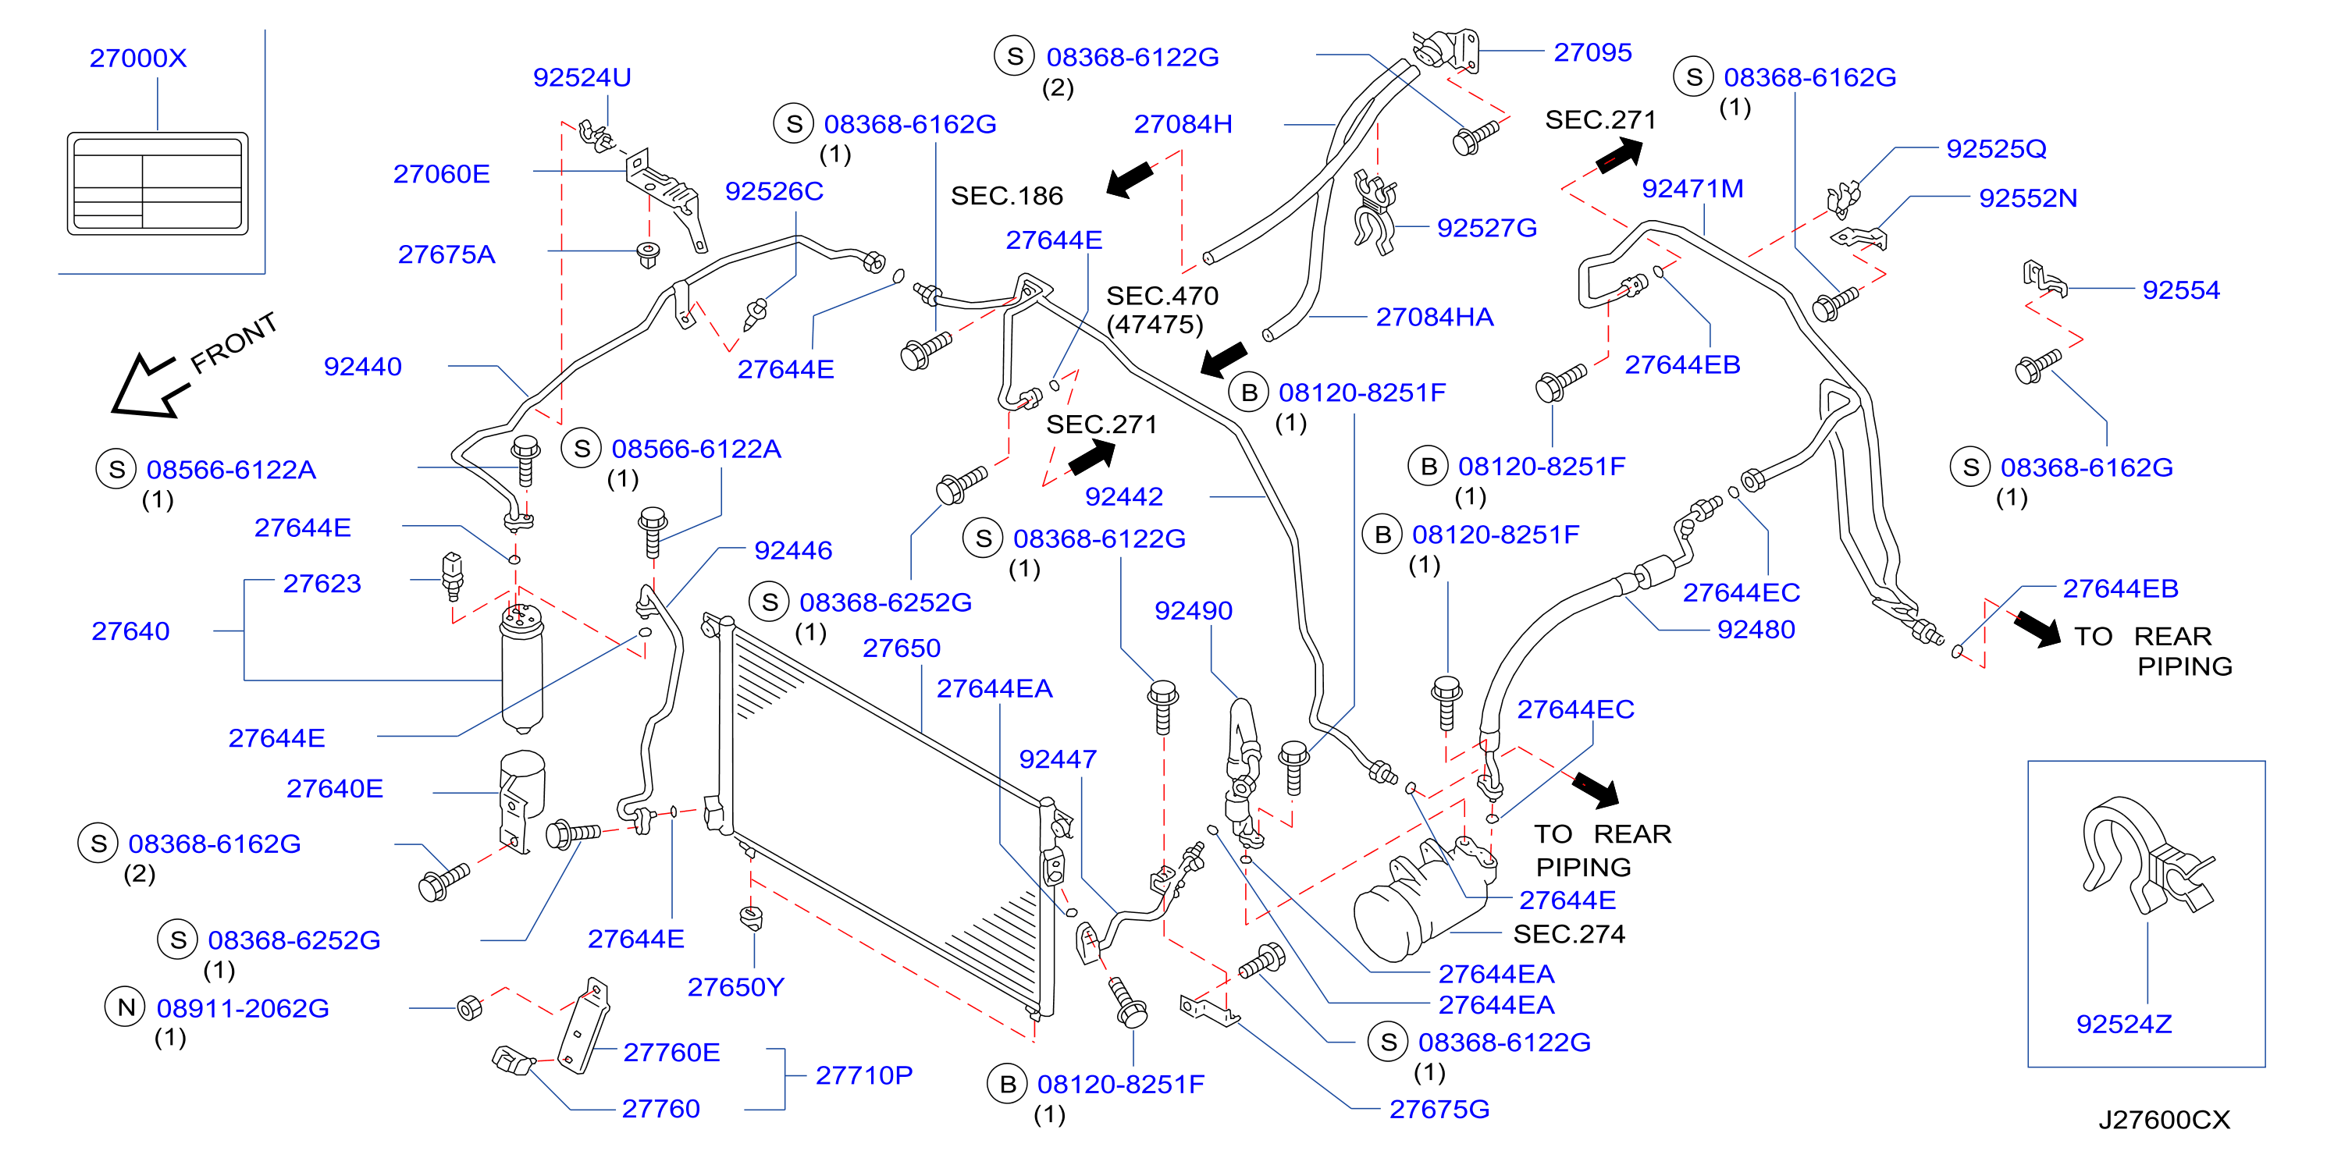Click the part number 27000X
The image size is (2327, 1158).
(138, 58)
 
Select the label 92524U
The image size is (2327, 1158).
(582, 78)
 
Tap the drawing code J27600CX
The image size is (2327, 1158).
(2164, 1120)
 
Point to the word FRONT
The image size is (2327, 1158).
(234, 343)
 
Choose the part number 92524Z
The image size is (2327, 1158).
(2124, 1025)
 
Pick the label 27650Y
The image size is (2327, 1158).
(735, 987)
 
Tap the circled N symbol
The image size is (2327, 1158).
(126, 1007)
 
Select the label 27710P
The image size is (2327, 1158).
(863, 1075)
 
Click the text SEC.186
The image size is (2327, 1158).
(1006, 196)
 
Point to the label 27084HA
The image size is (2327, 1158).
(1435, 317)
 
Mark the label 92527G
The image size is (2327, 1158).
(1487, 228)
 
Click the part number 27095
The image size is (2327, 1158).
(1592, 52)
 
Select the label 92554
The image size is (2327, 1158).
(2181, 290)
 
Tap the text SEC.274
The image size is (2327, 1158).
(1569, 934)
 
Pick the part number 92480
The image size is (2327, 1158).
(1756, 630)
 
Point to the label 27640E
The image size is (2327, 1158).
(334, 789)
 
